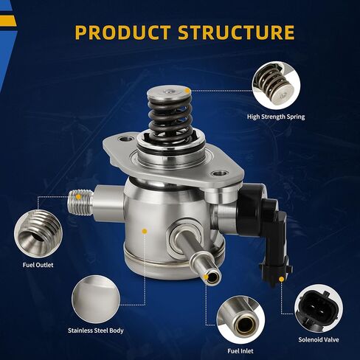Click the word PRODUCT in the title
(x=123, y=32)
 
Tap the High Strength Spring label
(x=276, y=116)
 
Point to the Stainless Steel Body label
(x=96, y=330)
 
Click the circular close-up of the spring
(x=276, y=83)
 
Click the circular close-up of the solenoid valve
(x=319, y=310)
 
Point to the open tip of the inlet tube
(x=212, y=277)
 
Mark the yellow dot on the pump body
(x=145, y=232)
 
